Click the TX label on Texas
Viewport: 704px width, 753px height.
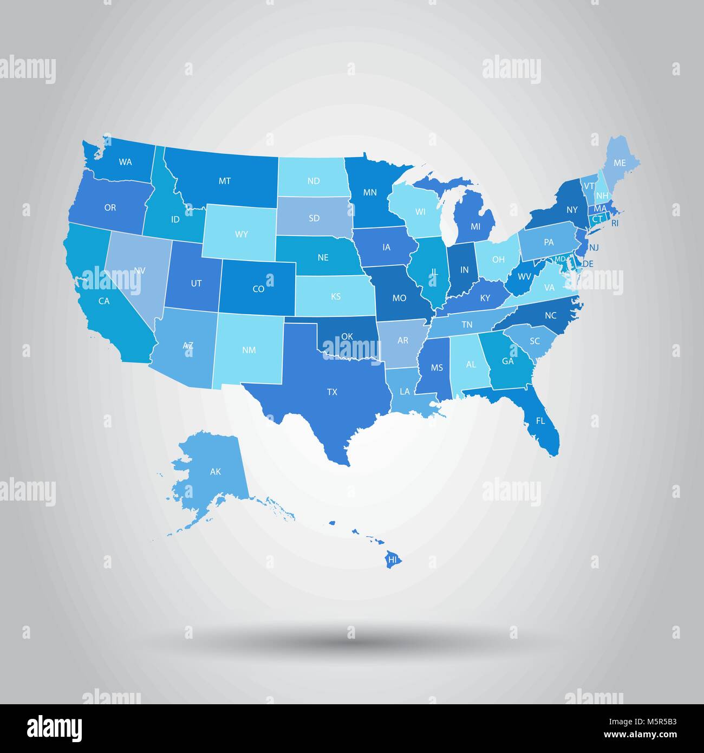pyautogui.click(x=332, y=392)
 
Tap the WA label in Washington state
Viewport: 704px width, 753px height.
pyautogui.click(x=126, y=161)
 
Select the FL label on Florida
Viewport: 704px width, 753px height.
pyautogui.click(x=540, y=420)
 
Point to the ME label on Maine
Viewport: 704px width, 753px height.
pyautogui.click(x=620, y=163)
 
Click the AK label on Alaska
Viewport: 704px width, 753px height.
pyautogui.click(x=216, y=471)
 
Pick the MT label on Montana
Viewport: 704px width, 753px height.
pyautogui.click(x=225, y=181)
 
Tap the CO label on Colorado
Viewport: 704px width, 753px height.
pyautogui.click(x=258, y=289)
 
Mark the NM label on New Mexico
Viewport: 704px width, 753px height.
pyautogui.click(x=249, y=350)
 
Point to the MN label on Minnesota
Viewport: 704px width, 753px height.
pyautogui.click(x=370, y=192)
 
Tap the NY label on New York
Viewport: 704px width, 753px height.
pyautogui.click(x=572, y=209)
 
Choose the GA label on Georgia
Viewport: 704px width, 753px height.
pyautogui.click(x=507, y=361)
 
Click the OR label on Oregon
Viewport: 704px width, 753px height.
pyautogui.click(x=110, y=207)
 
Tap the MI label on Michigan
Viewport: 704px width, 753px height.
pyautogui.click(x=475, y=226)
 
